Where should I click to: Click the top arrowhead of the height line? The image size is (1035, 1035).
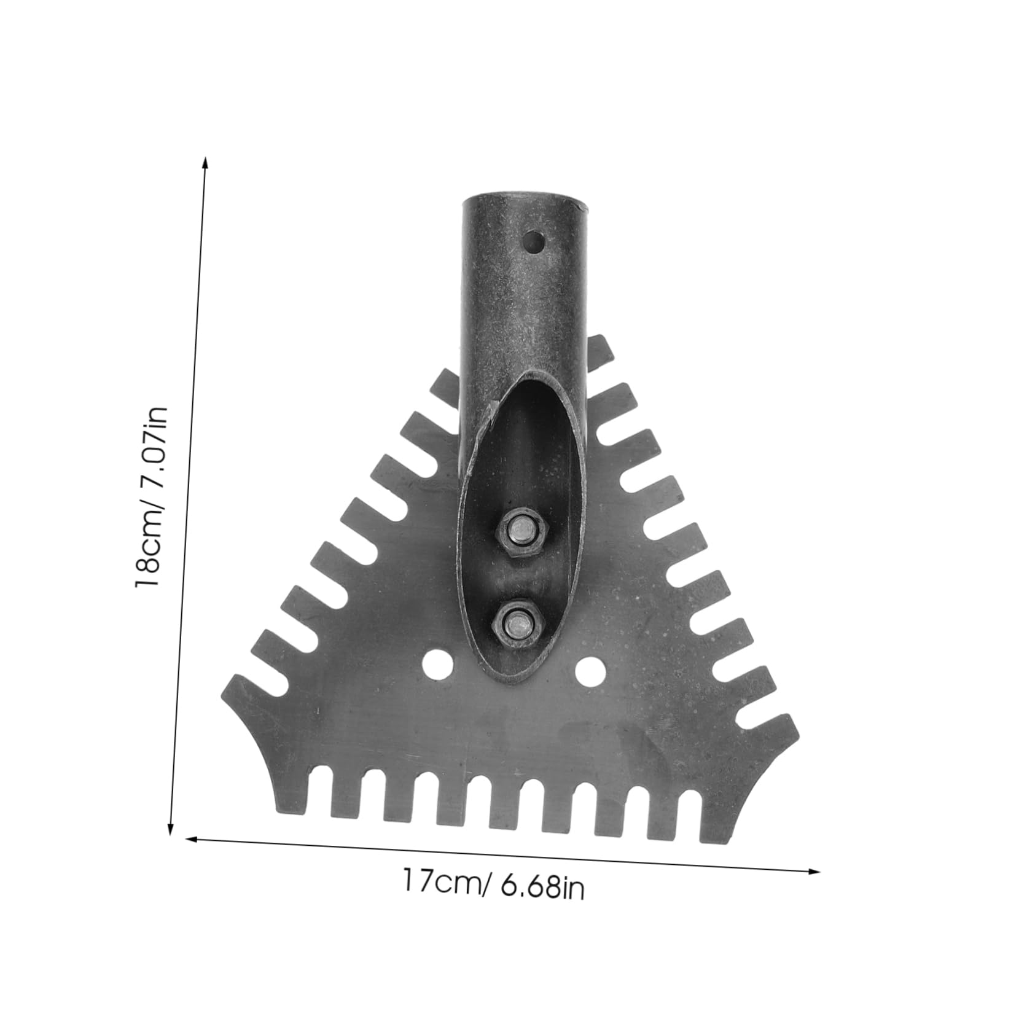[x=205, y=162]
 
